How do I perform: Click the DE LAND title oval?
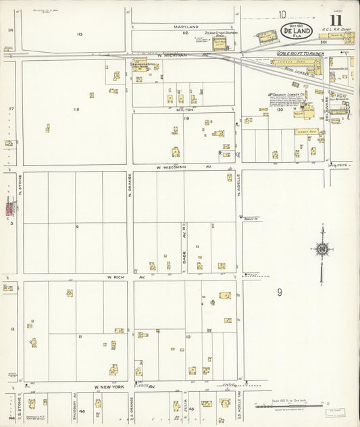point(297,30)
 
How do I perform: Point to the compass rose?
point(322,249)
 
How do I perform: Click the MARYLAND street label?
point(184,26)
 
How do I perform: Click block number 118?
point(76,109)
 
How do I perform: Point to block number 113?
point(79,34)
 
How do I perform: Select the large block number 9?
point(279,293)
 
